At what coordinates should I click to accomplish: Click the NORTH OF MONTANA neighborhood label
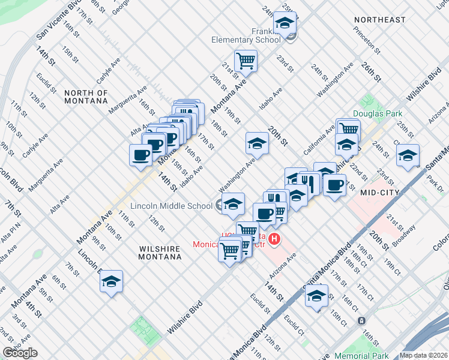click(86, 97)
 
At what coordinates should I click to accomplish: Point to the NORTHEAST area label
click(379, 20)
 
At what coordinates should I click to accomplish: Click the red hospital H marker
click(275, 240)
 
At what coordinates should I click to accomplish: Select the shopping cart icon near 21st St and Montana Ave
click(246, 60)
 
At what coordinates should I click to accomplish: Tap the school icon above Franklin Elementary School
click(285, 23)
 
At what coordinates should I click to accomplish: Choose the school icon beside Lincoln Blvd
click(111, 281)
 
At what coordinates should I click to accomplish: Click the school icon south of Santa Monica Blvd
click(316, 295)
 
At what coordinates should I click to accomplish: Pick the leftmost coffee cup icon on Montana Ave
click(141, 155)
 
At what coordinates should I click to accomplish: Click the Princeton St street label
click(367, 39)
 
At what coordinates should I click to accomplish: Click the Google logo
click(19, 353)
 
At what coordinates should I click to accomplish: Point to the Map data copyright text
click(423, 355)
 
